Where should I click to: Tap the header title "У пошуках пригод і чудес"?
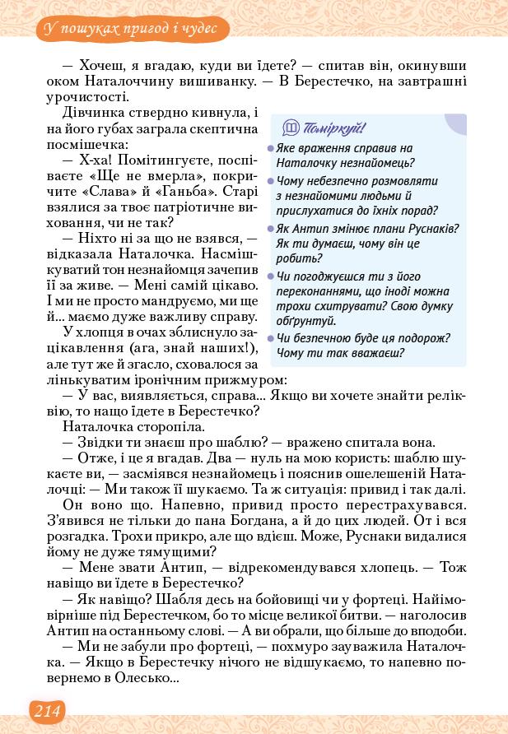(x=128, y=30)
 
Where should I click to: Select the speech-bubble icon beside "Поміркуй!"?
(x=290, y=128)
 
